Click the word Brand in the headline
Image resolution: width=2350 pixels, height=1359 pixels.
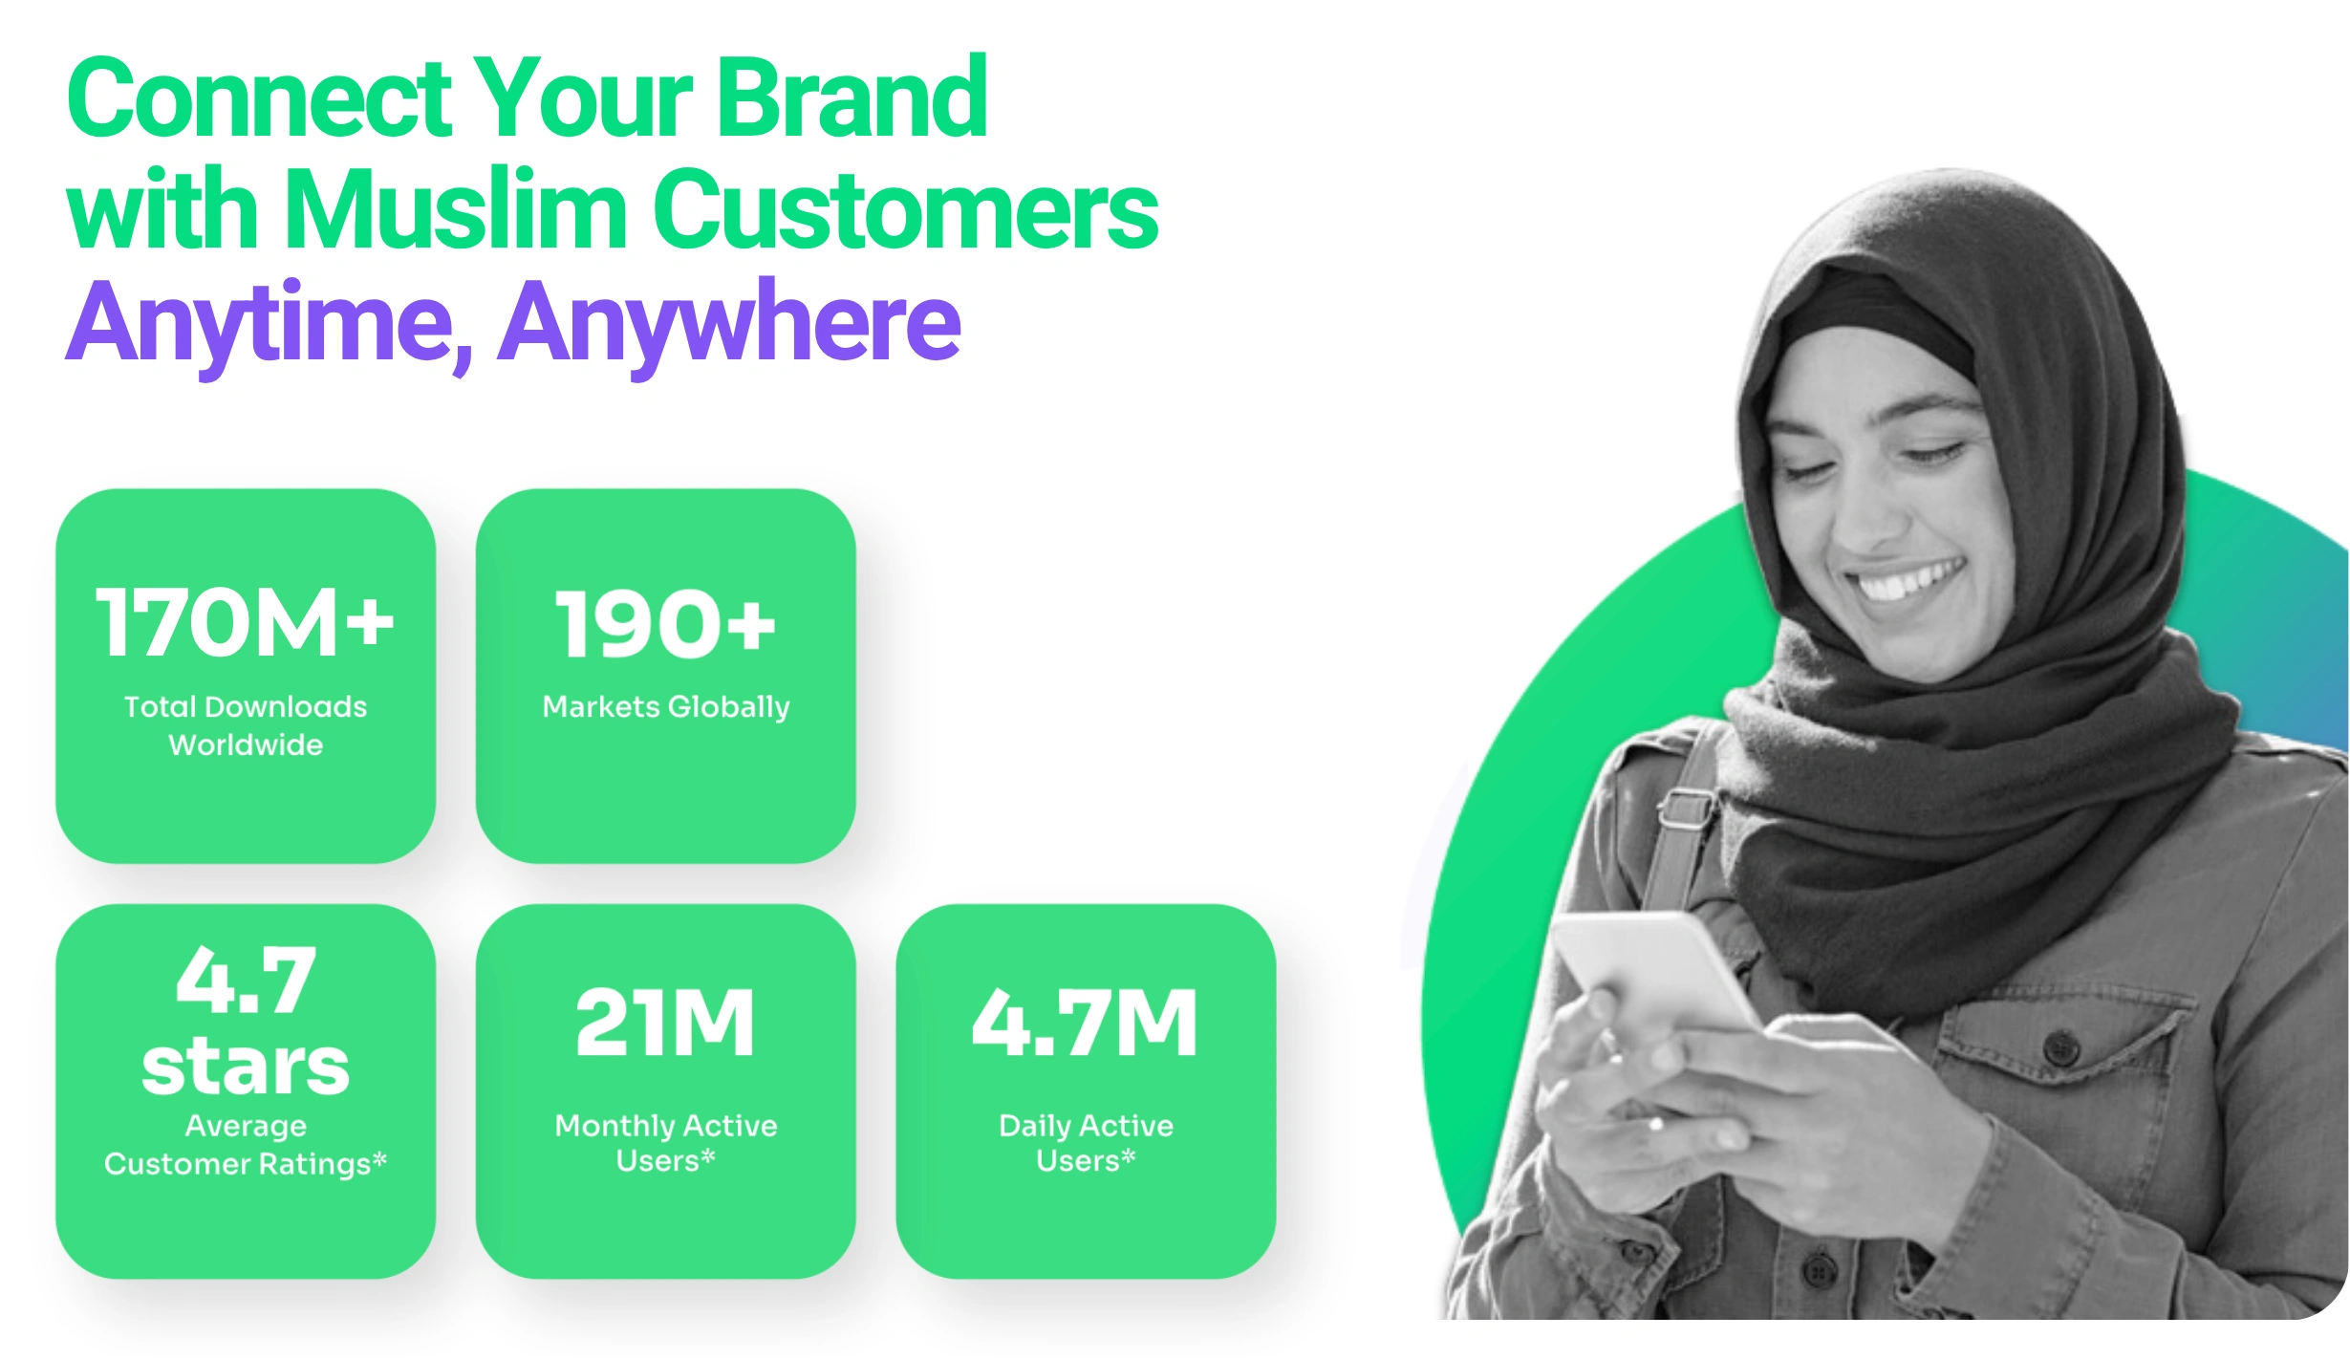pyautogui.click(x=852, y=98)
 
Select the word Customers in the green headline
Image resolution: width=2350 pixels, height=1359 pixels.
pyautogui.click(x=906, y=209)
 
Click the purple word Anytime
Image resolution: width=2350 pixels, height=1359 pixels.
pyautogui.click(x=269, y=325)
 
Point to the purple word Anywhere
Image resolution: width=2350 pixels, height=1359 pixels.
pyautogui.click(x=729, y=325)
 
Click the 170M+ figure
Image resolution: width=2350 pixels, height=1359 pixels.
pyautogui.click(x=246, y=623)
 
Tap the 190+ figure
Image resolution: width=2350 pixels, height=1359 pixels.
pyautogui.click(x=665, y=623)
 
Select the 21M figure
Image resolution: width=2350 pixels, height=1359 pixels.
pyautogui.click(x=665, y=1023)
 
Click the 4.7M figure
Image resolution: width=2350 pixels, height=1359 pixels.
pyautogui.click(x=1085, y=1023)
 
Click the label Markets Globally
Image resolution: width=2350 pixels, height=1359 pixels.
pyautogui.click(x=666, y=707)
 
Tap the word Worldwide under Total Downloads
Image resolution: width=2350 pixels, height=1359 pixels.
pyautogui.click(x=246, y=744)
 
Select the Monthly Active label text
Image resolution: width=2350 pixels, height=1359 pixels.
pyautogui.click(x=666, y=1126)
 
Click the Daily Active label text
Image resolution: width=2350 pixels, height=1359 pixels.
pyautogui.click(x=1086, y=1126)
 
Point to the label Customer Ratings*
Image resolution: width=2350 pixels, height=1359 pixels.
pyautogui.click(x=246, y=1163)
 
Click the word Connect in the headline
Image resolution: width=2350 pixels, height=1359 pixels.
pyautogui.click(x=259, y=98)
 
